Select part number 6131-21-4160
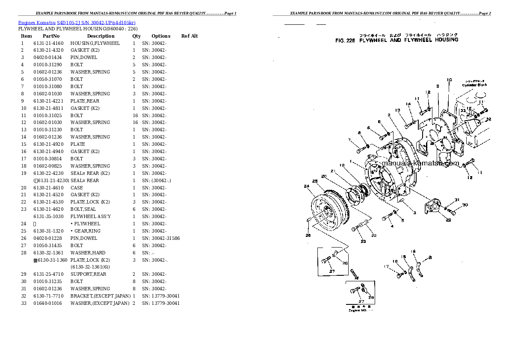point(48,43)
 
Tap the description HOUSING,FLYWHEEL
point(95,43)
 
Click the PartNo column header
point(51,36)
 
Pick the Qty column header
point(136,36)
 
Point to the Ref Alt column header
point(189,36)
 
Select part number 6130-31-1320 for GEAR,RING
point(48,231)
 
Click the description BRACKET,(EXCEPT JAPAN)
point(100,296)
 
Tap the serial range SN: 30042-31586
point(161,238)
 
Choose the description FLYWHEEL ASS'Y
point(91,216)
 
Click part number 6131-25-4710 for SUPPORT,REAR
point(48,274)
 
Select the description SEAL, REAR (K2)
point(90,173)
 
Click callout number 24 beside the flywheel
point(306,186)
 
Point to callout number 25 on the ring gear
point(315,182)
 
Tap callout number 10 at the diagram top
point(449,80)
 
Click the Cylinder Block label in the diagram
point(474,85)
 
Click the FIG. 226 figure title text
point(397,40)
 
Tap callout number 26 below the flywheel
point(308,235)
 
